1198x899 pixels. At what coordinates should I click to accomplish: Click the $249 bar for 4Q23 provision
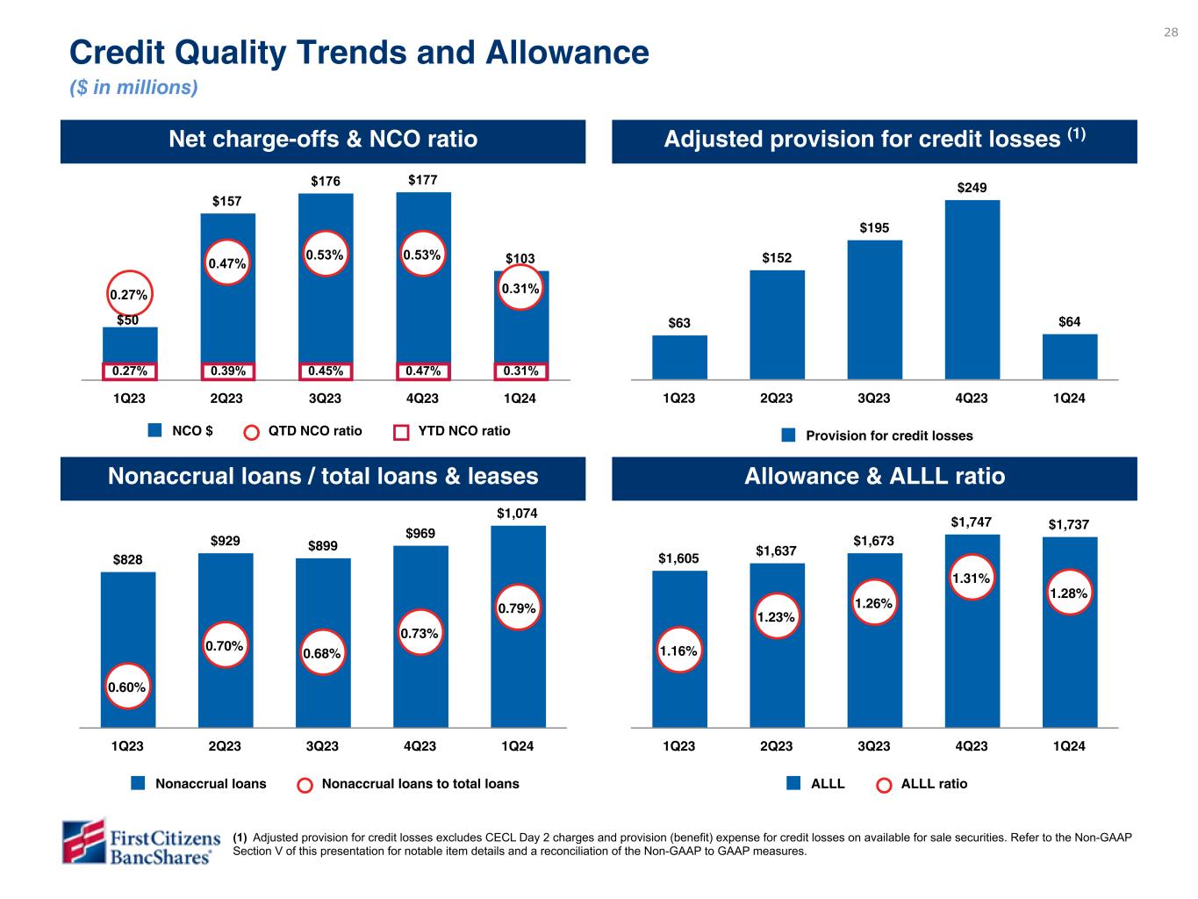point(972,290)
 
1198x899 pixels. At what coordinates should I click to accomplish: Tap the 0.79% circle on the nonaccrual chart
point(517,608)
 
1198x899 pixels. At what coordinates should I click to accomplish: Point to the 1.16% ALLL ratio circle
point(679,651)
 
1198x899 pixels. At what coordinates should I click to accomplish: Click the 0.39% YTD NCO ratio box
point(227,371)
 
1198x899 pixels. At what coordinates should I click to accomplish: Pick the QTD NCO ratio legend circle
point(252,432)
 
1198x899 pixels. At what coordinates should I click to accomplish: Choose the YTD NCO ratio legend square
point(401,432)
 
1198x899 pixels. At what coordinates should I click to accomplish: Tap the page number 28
point(1171,32)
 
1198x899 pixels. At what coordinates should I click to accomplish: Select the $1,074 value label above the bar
point(517,513)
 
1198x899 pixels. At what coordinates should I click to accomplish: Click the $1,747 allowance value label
point(972,522)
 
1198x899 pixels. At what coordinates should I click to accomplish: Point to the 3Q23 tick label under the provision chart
point(874,399)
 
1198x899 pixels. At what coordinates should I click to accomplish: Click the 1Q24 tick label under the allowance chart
point(1069,747)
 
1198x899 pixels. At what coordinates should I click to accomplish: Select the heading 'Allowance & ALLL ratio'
point(874,477)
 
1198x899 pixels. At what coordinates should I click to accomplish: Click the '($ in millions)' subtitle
point(133,88)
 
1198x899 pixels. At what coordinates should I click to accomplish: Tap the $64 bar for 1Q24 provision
point(1070,356)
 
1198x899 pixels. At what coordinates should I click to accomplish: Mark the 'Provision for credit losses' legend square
point(788,435)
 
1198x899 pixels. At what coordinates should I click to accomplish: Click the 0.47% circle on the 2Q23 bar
point(227,263)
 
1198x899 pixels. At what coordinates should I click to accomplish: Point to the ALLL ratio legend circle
point(885,785)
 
